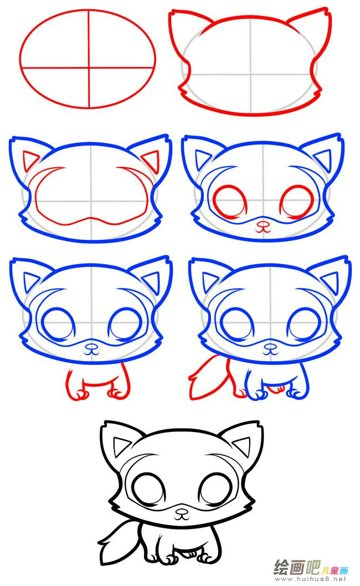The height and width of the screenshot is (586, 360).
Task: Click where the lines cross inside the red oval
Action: (89, 68)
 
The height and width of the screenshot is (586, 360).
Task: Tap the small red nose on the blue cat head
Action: (264, 226)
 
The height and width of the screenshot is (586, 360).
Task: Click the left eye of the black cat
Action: (149, 490)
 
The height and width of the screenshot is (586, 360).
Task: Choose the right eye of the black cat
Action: (215, 490)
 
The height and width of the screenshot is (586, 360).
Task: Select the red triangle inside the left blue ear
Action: (30, 161)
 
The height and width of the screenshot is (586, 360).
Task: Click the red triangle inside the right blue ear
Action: (151, 161)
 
